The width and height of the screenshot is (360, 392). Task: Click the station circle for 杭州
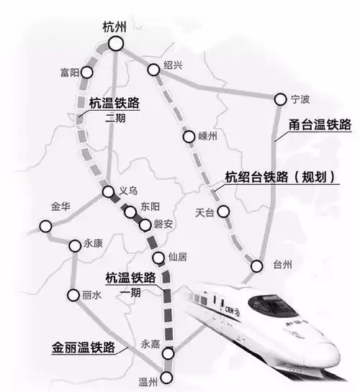point(116,45)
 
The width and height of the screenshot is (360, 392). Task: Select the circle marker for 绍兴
point(153,70)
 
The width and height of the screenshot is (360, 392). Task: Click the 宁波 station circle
point(281,98)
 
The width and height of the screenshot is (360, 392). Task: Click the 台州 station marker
point(257,266)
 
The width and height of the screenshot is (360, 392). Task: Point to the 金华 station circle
point(46,226)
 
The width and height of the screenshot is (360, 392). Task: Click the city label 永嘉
point(150,345)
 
